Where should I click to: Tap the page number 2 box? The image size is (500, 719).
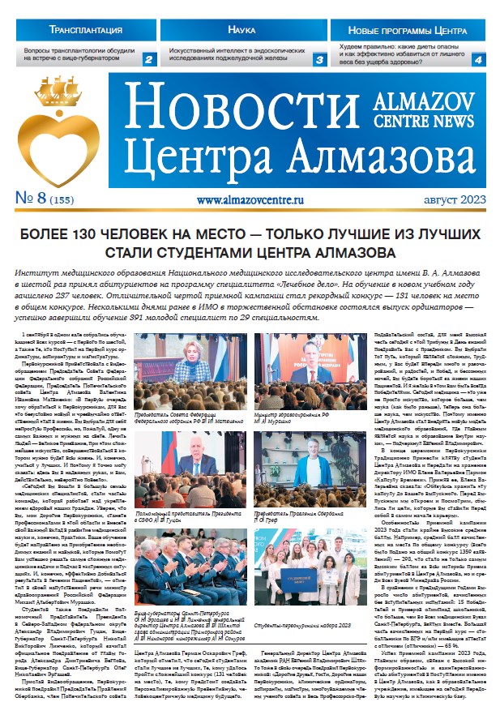[x=148, y=59]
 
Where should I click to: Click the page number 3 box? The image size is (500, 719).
[x=318, y=59]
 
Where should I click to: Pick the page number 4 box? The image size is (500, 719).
[x=479, y=59]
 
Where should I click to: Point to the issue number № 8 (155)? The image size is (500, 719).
[x=47, y=196]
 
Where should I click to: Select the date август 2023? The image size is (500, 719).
[x=444, y=198]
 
